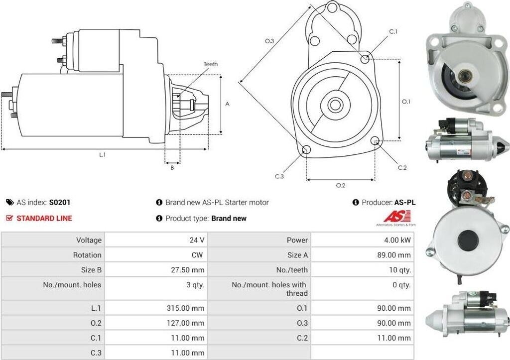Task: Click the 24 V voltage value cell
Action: (197, 240)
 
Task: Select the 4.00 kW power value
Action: (397, 240)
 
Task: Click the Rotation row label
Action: (87, 255)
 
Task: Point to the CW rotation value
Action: (198, 255)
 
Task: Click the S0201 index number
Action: (60, 203)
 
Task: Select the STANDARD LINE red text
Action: (44, 218)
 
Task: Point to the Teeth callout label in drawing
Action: (211, 64)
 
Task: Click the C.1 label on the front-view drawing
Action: (393, 32)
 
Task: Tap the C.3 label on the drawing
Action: (279, 176)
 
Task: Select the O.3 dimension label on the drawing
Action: (269, 41)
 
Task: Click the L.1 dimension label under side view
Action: (102, 155)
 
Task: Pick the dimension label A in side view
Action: (227, 104)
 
